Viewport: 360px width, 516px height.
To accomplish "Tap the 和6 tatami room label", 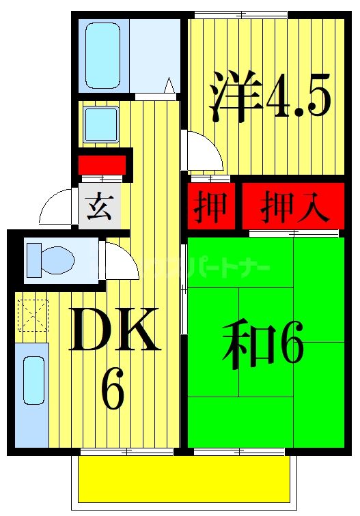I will pos(262,345).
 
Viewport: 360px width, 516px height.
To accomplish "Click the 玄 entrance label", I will pos(100,205).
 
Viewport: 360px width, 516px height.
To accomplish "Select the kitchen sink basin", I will pos(32,379).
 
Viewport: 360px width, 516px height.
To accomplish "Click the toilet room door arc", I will pos(122,263).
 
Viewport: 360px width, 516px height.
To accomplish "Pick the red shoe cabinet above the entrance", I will pos(102,165).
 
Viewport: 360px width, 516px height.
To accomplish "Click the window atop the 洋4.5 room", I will pos(240,14).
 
